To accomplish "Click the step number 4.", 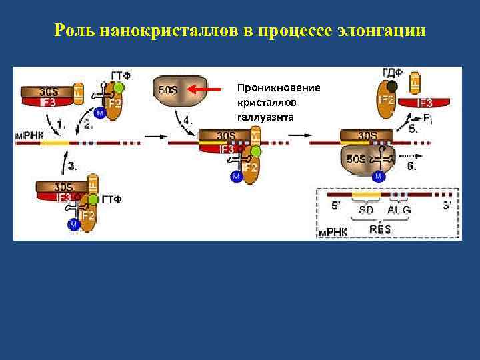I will coord(189,121).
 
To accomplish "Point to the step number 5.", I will coord(414,129).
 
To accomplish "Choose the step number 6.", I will coord(413,167).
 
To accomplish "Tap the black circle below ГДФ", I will coord(393,87).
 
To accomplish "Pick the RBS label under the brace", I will coord(380,229).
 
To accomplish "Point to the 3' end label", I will coord(447,206).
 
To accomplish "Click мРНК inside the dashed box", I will coord(332,233).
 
